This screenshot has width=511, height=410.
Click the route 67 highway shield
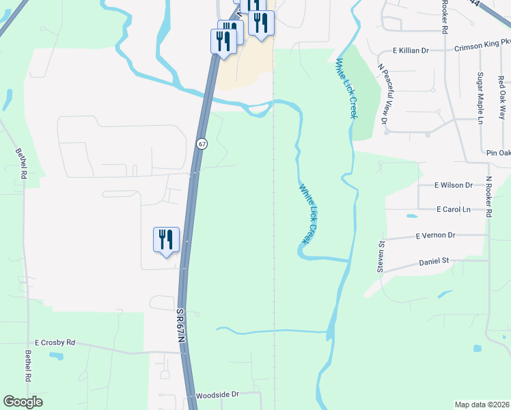pos(202,143)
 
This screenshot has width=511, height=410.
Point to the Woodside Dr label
pos(216,395)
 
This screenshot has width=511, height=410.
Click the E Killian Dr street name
pos(410,51)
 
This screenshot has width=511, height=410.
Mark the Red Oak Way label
pos(501,95)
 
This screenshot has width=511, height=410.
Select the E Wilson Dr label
pos(454,185)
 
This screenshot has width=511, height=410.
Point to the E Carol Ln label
pos(455,210)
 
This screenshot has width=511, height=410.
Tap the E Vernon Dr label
pos(435,235)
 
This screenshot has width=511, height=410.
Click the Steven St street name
pos(381,256)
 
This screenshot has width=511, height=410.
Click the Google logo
pos(23,401)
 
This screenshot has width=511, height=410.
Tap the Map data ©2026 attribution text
pos(482,405)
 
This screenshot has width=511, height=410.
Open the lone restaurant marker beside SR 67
pos(166,240)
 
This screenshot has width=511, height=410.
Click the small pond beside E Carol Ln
pos(411,217)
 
